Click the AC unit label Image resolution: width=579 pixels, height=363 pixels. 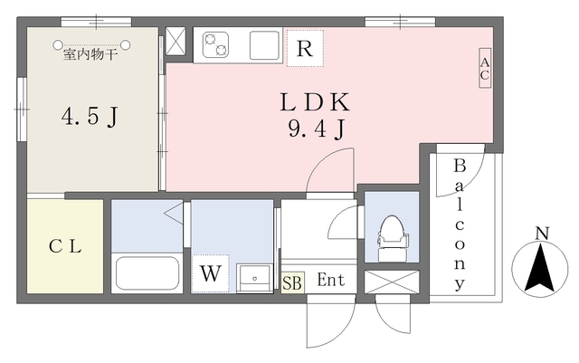[x=485, y=68]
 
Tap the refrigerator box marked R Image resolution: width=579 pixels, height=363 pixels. [x=305, y=48]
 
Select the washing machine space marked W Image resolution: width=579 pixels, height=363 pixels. [x=211, y=273]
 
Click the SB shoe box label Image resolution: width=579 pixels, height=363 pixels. [x=292, y=283]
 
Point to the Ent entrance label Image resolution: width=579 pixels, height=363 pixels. [x=331, y=280]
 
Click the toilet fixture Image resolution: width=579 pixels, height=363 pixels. [x=392, y=238]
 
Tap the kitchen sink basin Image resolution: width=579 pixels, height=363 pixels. [x=264, y=45]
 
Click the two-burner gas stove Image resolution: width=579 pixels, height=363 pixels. [x=215, y=45]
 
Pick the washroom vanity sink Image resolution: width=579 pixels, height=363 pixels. [x=254, y=278]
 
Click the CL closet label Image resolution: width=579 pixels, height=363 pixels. [x=65, y=246]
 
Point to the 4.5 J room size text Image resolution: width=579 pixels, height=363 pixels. [x=90, y=117]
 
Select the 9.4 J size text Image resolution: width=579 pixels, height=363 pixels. [x=317, y=129]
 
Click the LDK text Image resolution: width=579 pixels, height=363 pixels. [x=315, y=102]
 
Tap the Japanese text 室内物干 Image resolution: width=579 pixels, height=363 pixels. [x=90, y=54]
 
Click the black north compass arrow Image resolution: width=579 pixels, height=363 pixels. [x=540, y=268]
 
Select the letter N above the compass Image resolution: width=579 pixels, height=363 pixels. [x=542, y=234]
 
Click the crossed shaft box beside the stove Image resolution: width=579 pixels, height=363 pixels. [x=175, y=41]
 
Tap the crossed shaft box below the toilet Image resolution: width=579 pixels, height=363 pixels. [x=392, y=282]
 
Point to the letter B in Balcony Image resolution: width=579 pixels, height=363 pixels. [x=460, y=166]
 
